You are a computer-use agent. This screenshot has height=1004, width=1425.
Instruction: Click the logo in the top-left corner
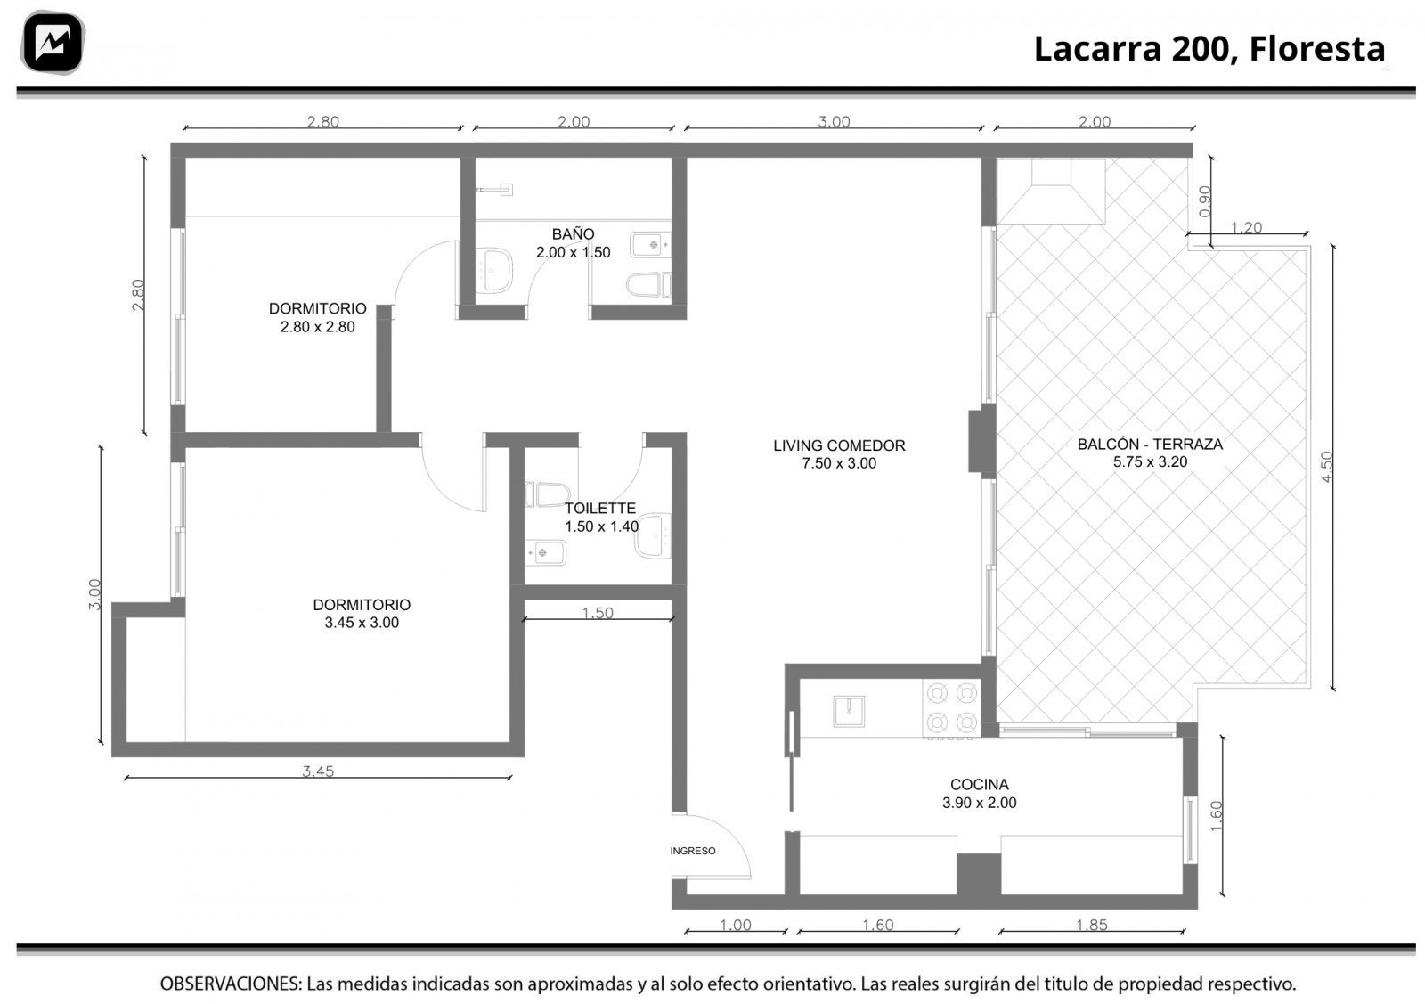(53, 43)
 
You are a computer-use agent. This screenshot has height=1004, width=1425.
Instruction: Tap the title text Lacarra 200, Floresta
(1209, 49)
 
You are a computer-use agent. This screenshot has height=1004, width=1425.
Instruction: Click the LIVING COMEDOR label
(838, 454)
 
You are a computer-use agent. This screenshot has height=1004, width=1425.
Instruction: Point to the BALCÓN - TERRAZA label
(1150, 453)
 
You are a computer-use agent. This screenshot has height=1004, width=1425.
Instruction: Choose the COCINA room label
(979, 794)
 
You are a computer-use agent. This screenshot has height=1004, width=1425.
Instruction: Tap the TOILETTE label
(601, 518)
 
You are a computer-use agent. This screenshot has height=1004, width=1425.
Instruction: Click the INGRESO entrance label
(692, 851)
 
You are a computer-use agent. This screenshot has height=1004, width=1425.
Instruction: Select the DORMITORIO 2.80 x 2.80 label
(317, 317)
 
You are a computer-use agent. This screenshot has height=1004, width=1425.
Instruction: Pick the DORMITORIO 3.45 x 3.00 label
(362, 613)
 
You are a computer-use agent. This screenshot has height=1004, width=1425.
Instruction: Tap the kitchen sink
(848, 711)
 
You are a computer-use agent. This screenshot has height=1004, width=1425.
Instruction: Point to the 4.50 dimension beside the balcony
(1326, 467)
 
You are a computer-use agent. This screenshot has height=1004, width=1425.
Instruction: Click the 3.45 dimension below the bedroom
(317, 771)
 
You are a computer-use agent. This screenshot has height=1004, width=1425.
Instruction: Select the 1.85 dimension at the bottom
(1092, 925)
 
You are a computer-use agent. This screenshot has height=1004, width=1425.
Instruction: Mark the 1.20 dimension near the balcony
(1246, 227)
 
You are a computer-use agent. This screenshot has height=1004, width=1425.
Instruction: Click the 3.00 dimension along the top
(834, 121)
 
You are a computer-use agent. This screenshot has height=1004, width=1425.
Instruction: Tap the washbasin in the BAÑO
(493, 271)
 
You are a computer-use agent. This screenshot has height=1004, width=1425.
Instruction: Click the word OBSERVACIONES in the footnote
(231, 984)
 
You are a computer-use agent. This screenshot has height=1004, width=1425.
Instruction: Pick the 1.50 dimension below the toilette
(598, 613)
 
